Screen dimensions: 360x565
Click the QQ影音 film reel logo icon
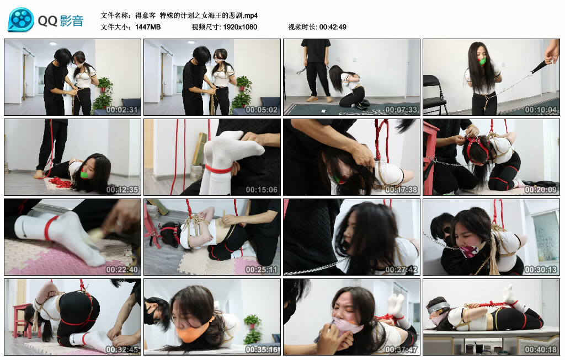(x=21, y=20)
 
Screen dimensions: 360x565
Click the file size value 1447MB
(x=148, y=27)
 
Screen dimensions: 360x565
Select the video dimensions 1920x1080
(x=240, y=27)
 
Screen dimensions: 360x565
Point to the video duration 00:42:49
(x=333, y=27)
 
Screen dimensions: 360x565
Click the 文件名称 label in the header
(x=116, y=15)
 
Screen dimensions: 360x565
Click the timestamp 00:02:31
(x=122, y=110)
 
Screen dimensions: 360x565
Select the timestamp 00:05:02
(x=262, y=110)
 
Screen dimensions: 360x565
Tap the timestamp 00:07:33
(x=401, y=110)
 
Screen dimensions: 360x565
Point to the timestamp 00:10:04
(x=541, y=110)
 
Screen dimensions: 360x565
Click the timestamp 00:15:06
(x=262, y=190)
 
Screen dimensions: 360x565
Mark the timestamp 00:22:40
(x=122, y=270)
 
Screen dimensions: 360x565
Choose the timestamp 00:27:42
(x=401, y=270)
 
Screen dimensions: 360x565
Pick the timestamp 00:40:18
(x=541, y=350)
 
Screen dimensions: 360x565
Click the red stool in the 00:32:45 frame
(x=20, y=320)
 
